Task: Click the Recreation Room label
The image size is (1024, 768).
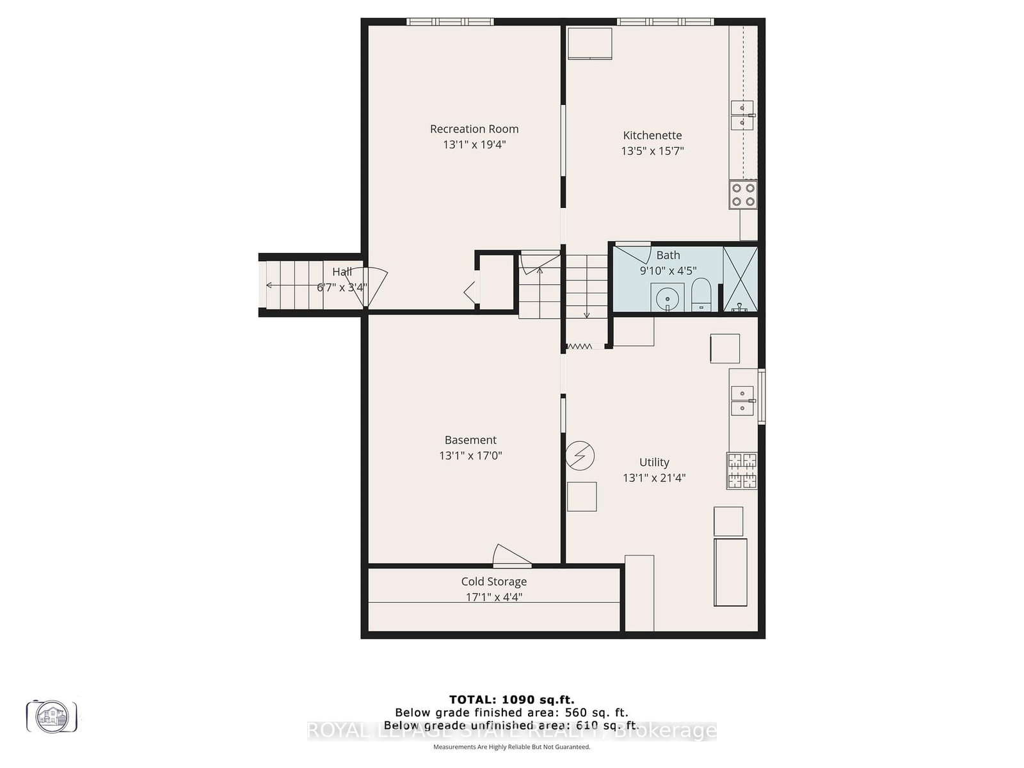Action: pos(474,129)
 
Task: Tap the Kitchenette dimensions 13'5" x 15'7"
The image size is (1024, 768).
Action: pos(652,151)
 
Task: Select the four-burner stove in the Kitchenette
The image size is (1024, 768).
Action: pos(743,195)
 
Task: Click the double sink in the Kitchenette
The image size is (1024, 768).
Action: pos(742,115)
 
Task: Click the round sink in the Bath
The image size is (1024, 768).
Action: pos(668,298)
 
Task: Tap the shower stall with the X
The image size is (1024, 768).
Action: pos(740,279)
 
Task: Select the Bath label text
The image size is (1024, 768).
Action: pos(668,255)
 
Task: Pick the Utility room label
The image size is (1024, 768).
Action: pos(654,462)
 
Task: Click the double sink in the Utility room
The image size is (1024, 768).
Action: pos(742,400)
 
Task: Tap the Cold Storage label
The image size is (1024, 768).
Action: pos(493,582)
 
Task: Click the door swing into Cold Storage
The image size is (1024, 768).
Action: pos(511,556)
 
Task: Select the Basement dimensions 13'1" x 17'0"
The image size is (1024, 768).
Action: pos(470,456)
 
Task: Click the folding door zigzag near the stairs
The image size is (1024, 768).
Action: pos(580,346)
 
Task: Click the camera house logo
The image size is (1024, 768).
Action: pos(51,716)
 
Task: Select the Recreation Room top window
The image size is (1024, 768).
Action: pos(450,22)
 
